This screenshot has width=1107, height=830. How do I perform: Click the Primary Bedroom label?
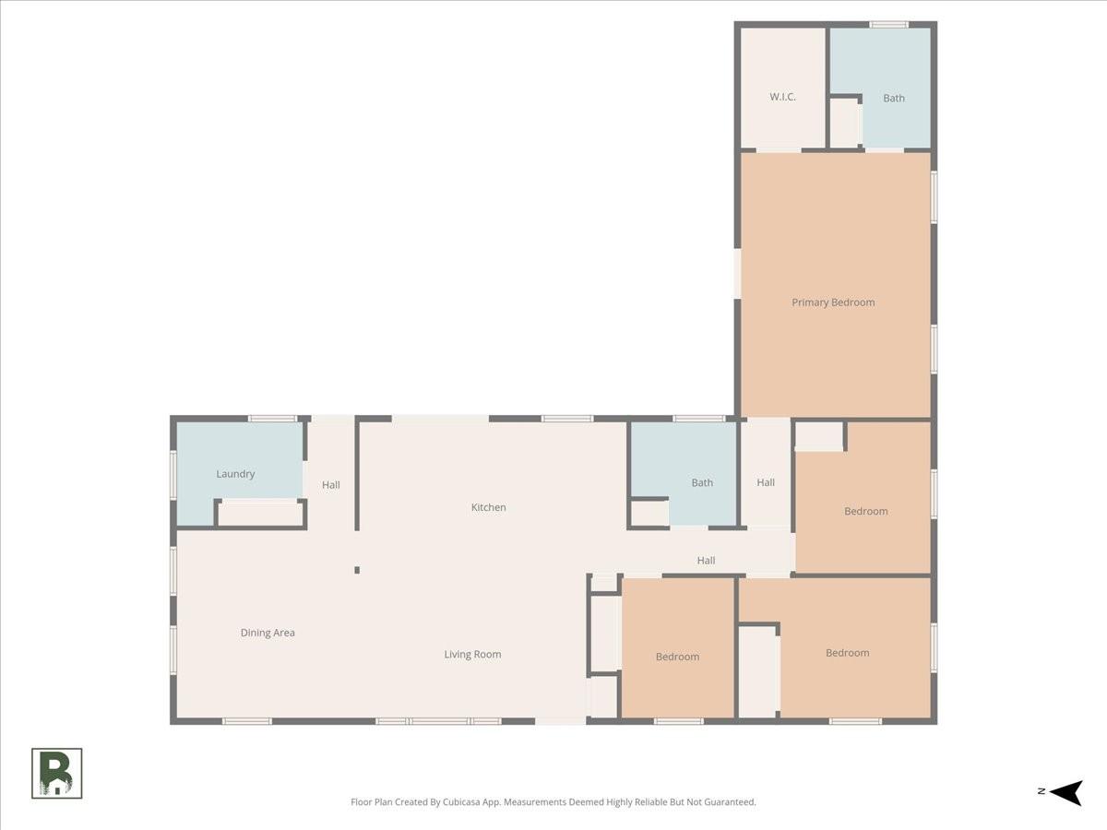(833, 302)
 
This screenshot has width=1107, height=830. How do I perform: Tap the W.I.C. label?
(782, 97)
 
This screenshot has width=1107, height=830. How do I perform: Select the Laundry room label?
(235, 474)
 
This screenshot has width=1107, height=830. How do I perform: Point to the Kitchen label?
(488, 507)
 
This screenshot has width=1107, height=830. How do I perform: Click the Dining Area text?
(268, 633)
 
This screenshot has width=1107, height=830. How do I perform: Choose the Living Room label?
(472, 654)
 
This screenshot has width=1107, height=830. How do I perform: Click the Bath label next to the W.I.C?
(894, 99)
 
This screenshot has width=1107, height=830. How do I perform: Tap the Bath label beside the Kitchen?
(702, 482)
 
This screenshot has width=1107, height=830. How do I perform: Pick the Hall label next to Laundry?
(331, 485)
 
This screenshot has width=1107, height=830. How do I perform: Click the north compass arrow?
(1066, 793)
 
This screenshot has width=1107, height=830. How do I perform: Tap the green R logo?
(57, 773)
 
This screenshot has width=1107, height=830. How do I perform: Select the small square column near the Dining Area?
(357, 570)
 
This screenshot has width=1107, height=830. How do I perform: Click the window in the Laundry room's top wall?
(272, 419)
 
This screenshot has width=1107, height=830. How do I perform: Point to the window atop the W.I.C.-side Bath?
(888, 24)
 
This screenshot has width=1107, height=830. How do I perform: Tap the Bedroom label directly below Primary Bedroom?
(866, 511)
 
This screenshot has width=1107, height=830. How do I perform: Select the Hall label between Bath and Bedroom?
(766, 482)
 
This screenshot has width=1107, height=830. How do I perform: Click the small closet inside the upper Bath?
(845, 123)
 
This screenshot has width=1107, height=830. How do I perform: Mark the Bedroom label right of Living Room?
(677, 657)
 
